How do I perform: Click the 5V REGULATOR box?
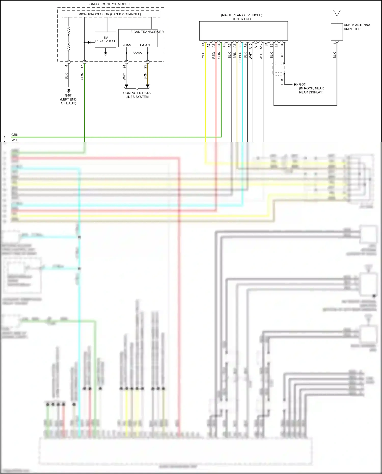point(105,39)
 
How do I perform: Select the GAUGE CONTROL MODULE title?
point(110,4)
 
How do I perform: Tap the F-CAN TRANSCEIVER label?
point(147,32)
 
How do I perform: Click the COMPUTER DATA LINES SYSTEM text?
point(137,95)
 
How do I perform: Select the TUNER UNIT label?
point(241,19)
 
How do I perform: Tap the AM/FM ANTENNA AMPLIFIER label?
point(357,27)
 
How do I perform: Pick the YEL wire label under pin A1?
point(203,55)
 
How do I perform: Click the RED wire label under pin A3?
point(214,55)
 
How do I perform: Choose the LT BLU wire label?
point(240,57)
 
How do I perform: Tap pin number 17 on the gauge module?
point(82,66)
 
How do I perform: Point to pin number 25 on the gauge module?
point(145,66)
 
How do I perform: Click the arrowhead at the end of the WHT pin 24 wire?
point(126,86)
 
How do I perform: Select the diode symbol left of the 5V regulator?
point(89,42)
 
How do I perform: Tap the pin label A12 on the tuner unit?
point(261,46)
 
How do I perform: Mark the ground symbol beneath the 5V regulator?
point(105,54)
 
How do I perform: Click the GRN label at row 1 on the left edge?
point(15,135)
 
